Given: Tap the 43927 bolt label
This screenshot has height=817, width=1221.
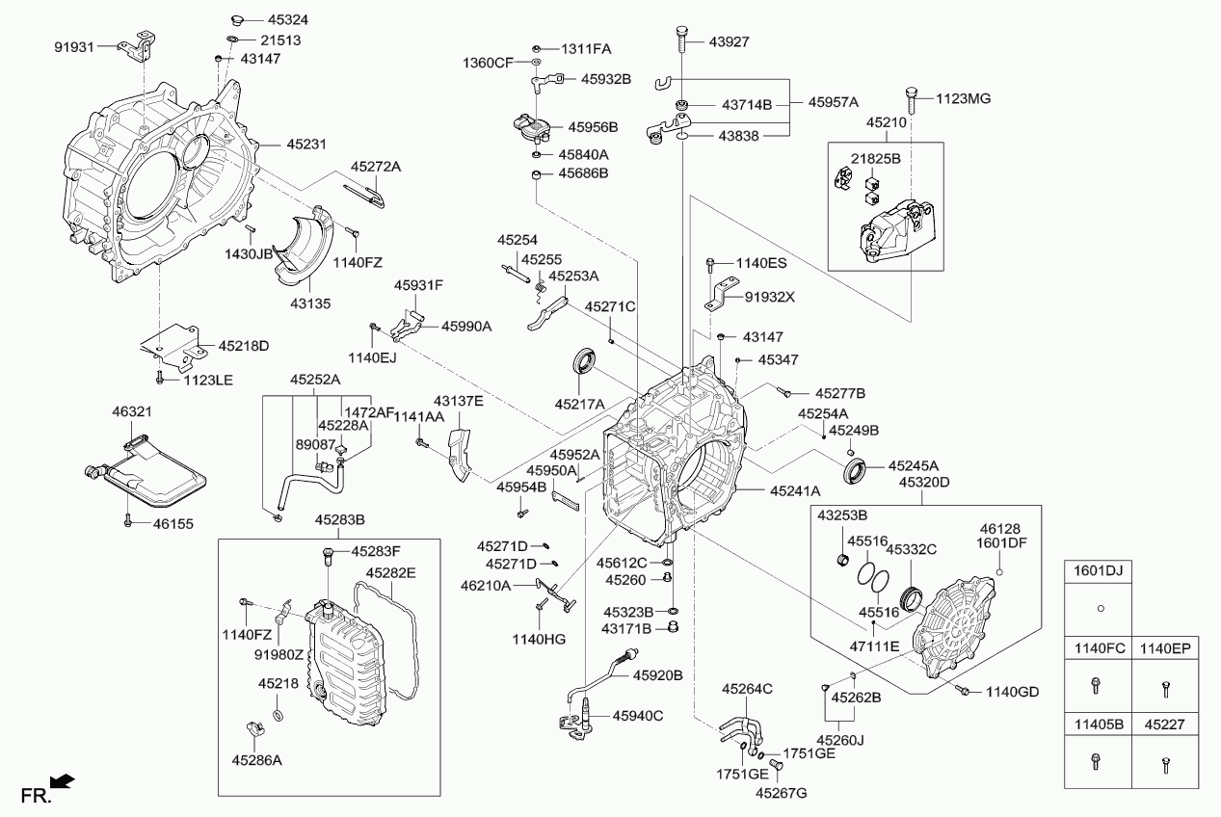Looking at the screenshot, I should click(x=729, y=41).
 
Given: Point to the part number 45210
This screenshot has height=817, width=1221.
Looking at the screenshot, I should click(x=886, y=123).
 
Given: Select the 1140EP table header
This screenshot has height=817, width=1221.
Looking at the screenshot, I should click(x=1166, y=648).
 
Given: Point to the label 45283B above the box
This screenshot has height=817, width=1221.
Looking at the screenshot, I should click(x=339, y=520).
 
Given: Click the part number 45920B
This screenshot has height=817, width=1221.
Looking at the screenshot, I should click(x=657, y=675).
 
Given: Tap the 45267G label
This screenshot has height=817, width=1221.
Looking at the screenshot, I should click(x=781, y=793).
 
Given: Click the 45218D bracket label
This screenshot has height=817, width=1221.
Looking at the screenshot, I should click(x=243, y=345).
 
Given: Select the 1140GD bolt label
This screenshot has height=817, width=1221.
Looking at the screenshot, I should click(x=1013, y=692).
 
